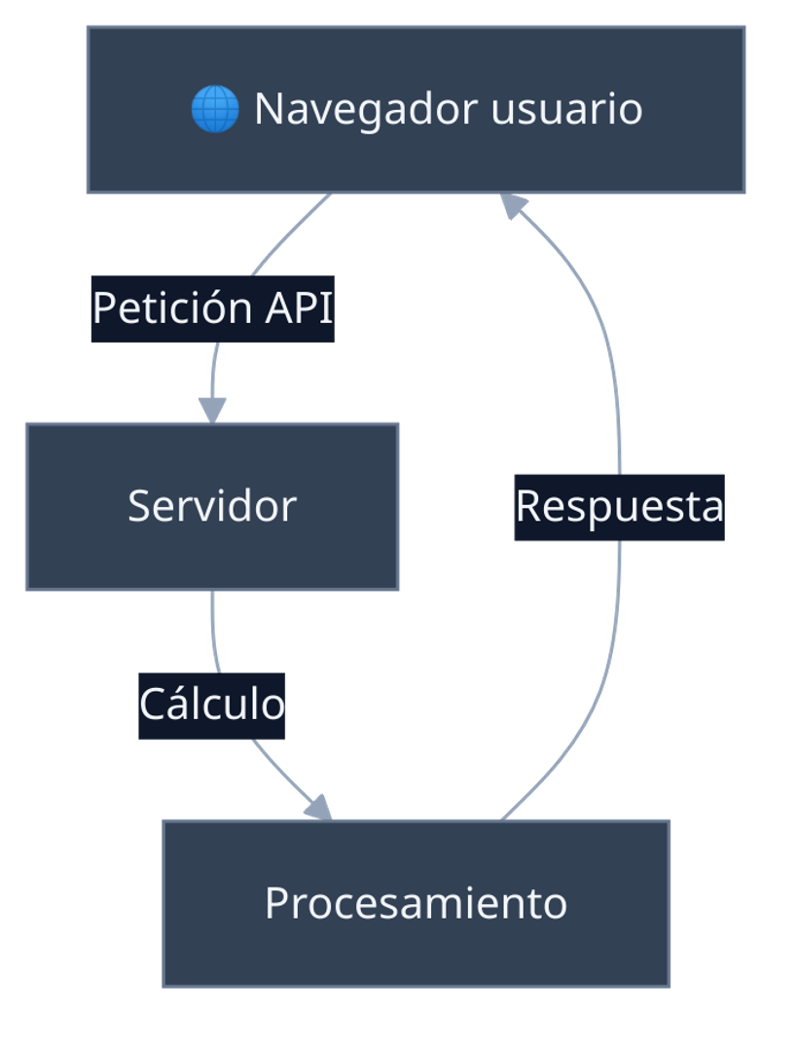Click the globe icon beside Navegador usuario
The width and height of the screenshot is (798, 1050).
214,109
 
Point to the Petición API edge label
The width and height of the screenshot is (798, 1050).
212,308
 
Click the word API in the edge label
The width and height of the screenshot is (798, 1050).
299,308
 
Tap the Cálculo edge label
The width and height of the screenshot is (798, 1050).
211,705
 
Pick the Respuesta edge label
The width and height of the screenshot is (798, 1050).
619,506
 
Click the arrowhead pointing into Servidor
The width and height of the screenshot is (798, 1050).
211,411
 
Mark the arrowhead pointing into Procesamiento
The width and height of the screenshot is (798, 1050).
318,808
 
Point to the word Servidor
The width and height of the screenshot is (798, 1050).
212,506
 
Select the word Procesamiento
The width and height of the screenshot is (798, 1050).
416,903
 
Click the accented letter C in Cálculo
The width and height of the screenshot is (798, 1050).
151,704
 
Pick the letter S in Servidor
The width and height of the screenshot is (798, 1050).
139,506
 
